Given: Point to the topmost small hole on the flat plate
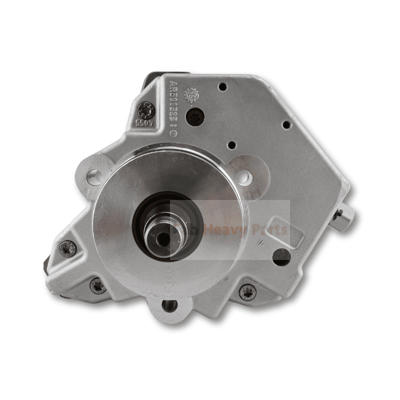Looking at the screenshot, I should click(223, 86).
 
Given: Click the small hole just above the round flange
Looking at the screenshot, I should click(231, 145).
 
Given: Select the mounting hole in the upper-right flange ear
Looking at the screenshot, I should click(243, 176).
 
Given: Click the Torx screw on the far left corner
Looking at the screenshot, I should click(67, 248).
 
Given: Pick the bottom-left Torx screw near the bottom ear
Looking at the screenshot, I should click(98, 286).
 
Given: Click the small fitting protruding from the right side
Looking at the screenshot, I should click(344, 217).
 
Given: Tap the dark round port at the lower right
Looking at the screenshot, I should click(281, 256).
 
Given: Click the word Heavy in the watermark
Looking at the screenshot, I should click(243, 229).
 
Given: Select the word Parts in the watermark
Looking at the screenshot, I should click(272, 229).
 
